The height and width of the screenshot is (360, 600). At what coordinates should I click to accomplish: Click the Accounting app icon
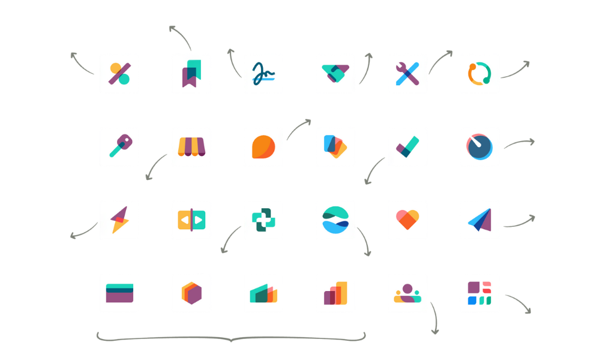coord(119,73)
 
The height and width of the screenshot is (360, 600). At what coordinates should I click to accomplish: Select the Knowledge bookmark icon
coord(191,73)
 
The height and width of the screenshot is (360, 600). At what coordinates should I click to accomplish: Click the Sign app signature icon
coord(263,73)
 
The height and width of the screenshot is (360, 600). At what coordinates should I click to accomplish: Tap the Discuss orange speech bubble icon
coord(263,146)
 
